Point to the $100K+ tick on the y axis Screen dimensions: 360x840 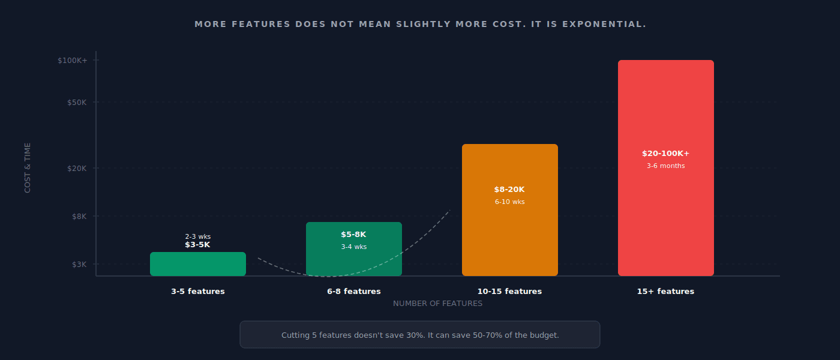pyautogui.click(x=73, y=61)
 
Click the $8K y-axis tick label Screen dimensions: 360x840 pyautogui.click(x=79, y=217)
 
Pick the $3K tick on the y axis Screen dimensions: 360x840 pyautogui.click(x=79, y=265)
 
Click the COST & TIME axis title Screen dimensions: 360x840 pyautogui.click(x=28, y=167)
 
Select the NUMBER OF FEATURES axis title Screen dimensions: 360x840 pyautogui.click(x=437, y=304)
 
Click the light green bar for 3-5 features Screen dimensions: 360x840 pyautogui.click(x=197, y=265)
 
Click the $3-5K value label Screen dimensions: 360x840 pyautogui.click(x=197, y=245)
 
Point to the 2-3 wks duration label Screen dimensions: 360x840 pyautogui.click(x=197, y=236)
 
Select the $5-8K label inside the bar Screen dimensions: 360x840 pyautogui.click(x=353, y=235)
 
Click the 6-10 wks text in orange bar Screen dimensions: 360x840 pyautogui.click(x=509, y=202)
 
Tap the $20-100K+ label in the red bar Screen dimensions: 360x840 pyautogui.click(x=665, y=154)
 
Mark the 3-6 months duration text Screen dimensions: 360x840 pyautogui.click(x=665, y=166)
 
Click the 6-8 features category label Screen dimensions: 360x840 pyautogui.click(x=353, y=292)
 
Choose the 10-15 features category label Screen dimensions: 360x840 pyautogui.click(x=509, y=292)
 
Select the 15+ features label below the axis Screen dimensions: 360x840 pyautogui.click(x=665, y=292)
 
